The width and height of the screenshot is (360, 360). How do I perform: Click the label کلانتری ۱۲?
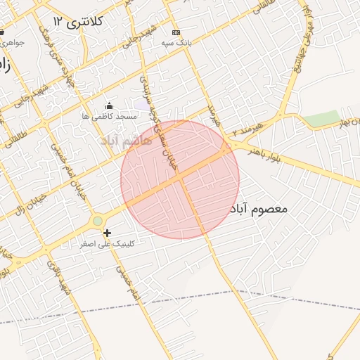[78, 22]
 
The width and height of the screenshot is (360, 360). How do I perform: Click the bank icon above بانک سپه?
[175, 32]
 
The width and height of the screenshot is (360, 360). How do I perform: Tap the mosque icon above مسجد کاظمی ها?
[108, 106]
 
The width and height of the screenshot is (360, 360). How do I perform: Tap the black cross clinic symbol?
[107, 233]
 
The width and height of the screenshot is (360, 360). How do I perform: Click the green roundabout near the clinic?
[98, 221]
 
